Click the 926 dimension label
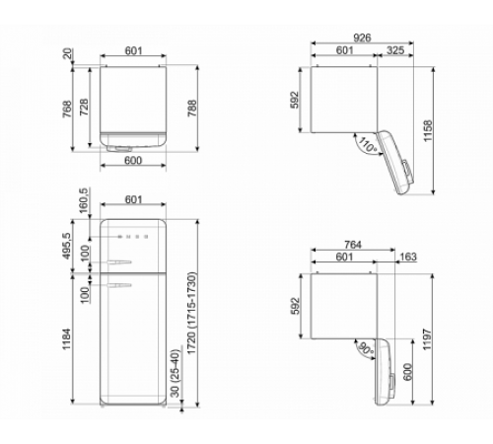pyautogui.click(x=362, y=37)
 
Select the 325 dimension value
pyautogui.click(x=395, y=50)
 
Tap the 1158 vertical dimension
pyautogui.click(x=428, y=131)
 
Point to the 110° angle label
pyautogui.click(x=368, y=145)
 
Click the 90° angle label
pyautogui.click(x=366, y=349)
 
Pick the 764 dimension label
pyautogui.click(x=353, y=245)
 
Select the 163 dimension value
pyautogui.click(x=408, y=257)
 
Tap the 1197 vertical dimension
pyautogui.click(x=427, y=339)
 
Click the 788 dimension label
pyautogui.click(x=192, y=109)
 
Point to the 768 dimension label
pyautogui.click(x=67, y=110)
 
